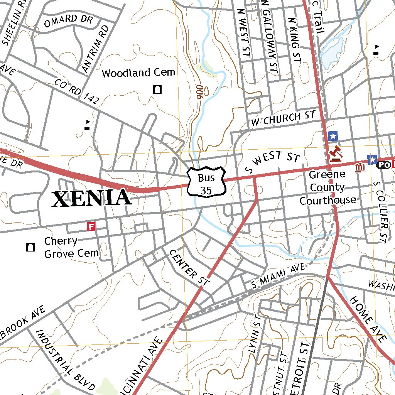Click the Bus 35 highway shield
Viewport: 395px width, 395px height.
(x=206, y=181)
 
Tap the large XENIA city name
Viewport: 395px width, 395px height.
(x=91, y=198)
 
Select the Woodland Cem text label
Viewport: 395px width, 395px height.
(x=138, y=73)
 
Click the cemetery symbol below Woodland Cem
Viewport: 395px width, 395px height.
(x=157, y=90)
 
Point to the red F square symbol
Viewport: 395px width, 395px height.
(x=91, y=226)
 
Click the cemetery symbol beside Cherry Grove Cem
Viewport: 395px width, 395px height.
(x=30, y=247)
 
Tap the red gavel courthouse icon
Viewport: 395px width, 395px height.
(x=335, y=153)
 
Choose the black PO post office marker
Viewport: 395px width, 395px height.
(x=383, y=165)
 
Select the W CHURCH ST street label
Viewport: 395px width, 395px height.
(x=283, y=118)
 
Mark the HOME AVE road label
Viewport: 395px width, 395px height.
(x=368, y=319)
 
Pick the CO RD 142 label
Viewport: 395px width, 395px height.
(x=77, y=92)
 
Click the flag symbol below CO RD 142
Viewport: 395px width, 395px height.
(x=88, y=125)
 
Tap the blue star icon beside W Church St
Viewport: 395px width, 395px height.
(x=333, y=136)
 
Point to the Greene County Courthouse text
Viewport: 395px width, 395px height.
(x=327, y=187)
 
